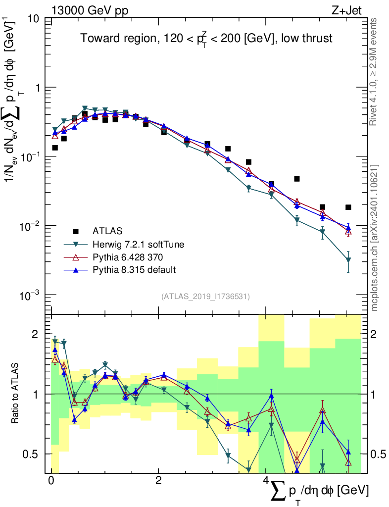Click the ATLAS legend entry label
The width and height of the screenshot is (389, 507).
107,231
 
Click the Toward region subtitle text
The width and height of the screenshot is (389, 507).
207,39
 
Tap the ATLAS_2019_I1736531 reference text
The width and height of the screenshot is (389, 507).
205,296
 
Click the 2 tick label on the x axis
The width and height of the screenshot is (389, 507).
158,481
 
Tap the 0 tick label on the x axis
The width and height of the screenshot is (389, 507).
51,481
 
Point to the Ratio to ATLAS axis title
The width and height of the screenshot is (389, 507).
15,394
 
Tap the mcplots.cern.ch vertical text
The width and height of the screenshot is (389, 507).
374,238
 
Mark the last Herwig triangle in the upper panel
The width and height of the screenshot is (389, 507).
348,259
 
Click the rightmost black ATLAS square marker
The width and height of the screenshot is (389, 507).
348,207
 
